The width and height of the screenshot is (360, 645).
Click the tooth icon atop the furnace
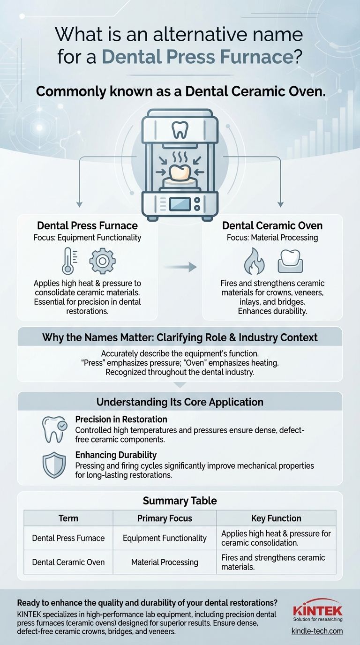click(x=180, y=129)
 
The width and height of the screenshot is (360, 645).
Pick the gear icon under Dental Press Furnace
click(x=102, y=262)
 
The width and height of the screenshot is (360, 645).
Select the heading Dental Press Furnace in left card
click(x=87, y=225)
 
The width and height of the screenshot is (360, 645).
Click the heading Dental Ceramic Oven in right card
click(x=272, y=225)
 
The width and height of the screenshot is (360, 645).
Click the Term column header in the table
click(x=68, y=518)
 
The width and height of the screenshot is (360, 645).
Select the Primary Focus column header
click(x=165, y=518)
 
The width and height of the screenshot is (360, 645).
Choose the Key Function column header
click(x=276, y=518)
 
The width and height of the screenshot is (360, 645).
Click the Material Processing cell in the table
click(x=165, y=562)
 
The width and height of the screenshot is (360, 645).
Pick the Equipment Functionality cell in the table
click(x=165, y=538)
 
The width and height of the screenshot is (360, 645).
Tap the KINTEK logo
click(x=317, y=612)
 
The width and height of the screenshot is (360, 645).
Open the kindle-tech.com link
click(x=317, y=631)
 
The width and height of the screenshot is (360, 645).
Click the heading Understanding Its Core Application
click(x=180, y=402)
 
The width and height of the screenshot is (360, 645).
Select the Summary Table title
click(x=180, y=501)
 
